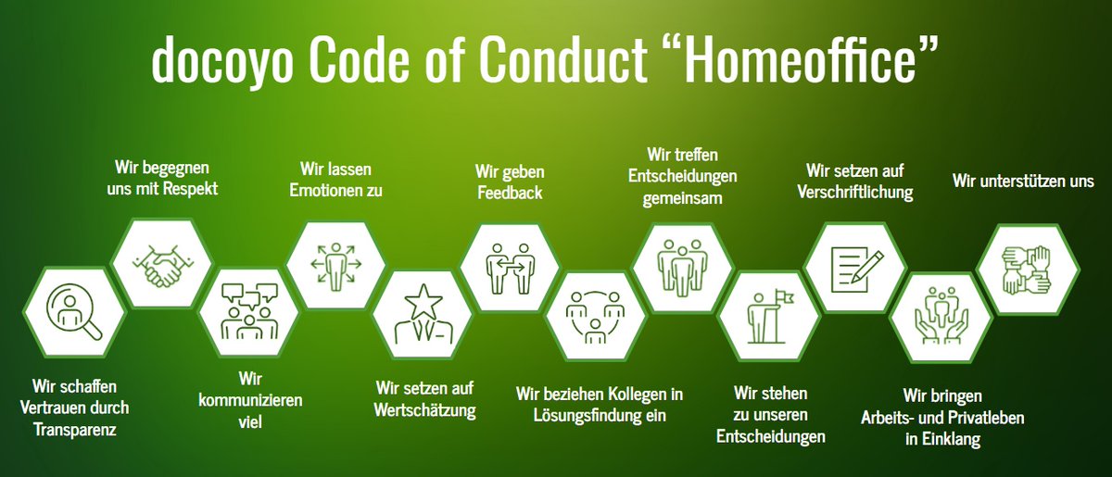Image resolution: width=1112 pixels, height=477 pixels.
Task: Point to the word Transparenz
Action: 78,429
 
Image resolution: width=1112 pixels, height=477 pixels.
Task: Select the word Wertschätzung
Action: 425,410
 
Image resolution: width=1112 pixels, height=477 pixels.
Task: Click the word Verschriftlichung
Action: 855,193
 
